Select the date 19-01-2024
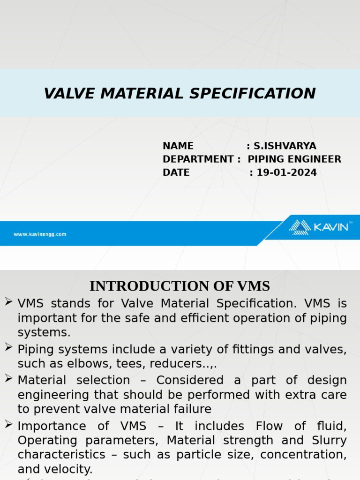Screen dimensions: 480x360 [x=286, y=172]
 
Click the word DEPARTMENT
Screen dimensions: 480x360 [x=198, y=159]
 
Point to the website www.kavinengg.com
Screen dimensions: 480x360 [x=40, y=234]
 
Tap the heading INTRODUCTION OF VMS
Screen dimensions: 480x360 [x=180, y=286]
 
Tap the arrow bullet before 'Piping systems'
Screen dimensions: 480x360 [x=8, y=347]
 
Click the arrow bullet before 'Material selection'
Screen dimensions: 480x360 [x=8, y=378]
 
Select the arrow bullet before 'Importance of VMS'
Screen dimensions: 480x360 [x=8, y=424]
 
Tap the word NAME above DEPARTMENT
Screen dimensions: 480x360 [x=178, y=146]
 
